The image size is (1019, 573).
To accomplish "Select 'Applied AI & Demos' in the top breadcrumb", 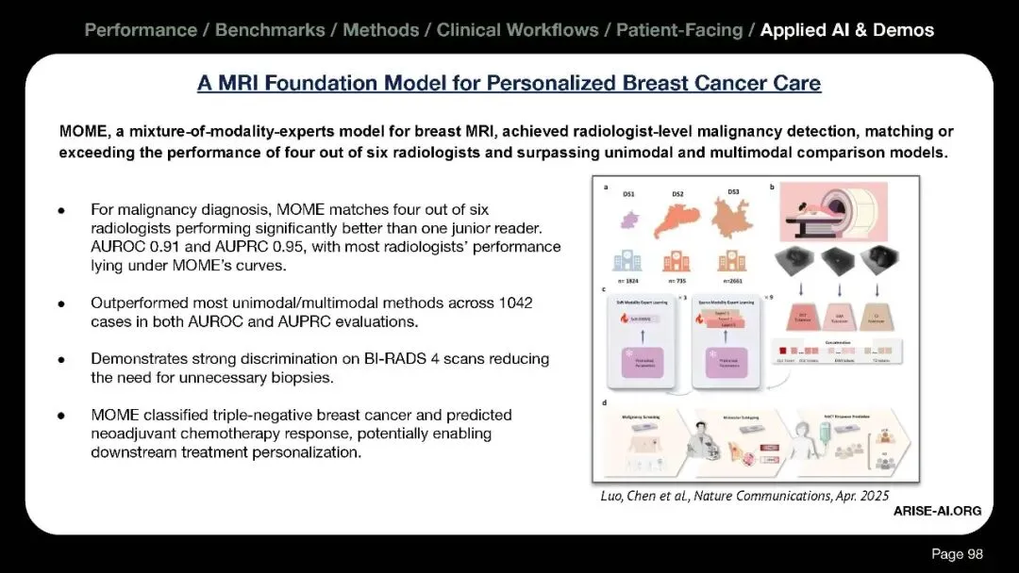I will click(846, 30).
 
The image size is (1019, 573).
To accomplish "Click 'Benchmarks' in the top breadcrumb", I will click(273, 30).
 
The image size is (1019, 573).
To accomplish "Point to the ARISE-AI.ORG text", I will click(937, 510).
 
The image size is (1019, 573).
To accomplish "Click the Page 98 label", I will click(957, 553).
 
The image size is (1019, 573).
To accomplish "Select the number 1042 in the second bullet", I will click(530, 303).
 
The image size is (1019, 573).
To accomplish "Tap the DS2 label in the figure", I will click(678, 195).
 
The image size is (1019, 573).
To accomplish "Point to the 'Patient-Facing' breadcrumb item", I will click(679, 30).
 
